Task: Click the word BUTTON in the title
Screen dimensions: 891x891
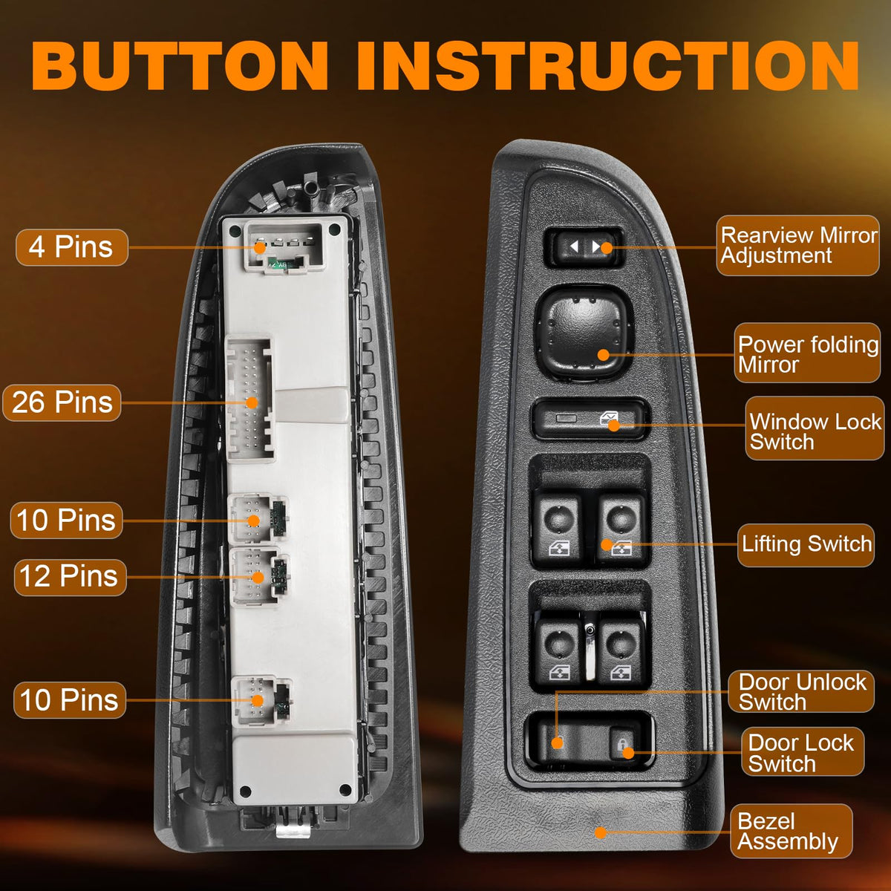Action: pyautogui.click(x=180, y=65)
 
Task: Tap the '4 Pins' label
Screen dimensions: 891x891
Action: pyautogui.click(x=72, y=247)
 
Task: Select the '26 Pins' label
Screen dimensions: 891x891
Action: pyautogui.click(x=62, y=402)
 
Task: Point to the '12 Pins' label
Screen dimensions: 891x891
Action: pyautogui.click(x=71, y=577)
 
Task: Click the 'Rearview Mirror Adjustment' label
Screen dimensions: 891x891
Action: pyautogui.click(x=798, y=246)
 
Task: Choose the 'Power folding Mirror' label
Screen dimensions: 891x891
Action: pyautogui.click(x=807, y=353)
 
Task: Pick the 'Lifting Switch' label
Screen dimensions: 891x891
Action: pyautogui.click(x=806, y=544)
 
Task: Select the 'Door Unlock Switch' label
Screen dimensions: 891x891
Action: pyautogui.click(x=801, y=691)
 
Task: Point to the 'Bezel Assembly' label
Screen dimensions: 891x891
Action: pyautogui.click(x=791, y=831)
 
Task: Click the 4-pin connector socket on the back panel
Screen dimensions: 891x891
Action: pyautogui.click(x=284, y=247)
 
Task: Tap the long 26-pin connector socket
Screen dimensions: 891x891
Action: pyautogui.click(x=249, y=399)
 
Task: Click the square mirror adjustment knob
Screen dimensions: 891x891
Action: pyautogui.click(x=584, y=334)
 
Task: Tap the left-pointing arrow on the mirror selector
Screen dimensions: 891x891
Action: pyautogui.click(x=574, y=247)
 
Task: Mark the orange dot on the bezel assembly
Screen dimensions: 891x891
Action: pyautogui.click(x=601, y=833)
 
